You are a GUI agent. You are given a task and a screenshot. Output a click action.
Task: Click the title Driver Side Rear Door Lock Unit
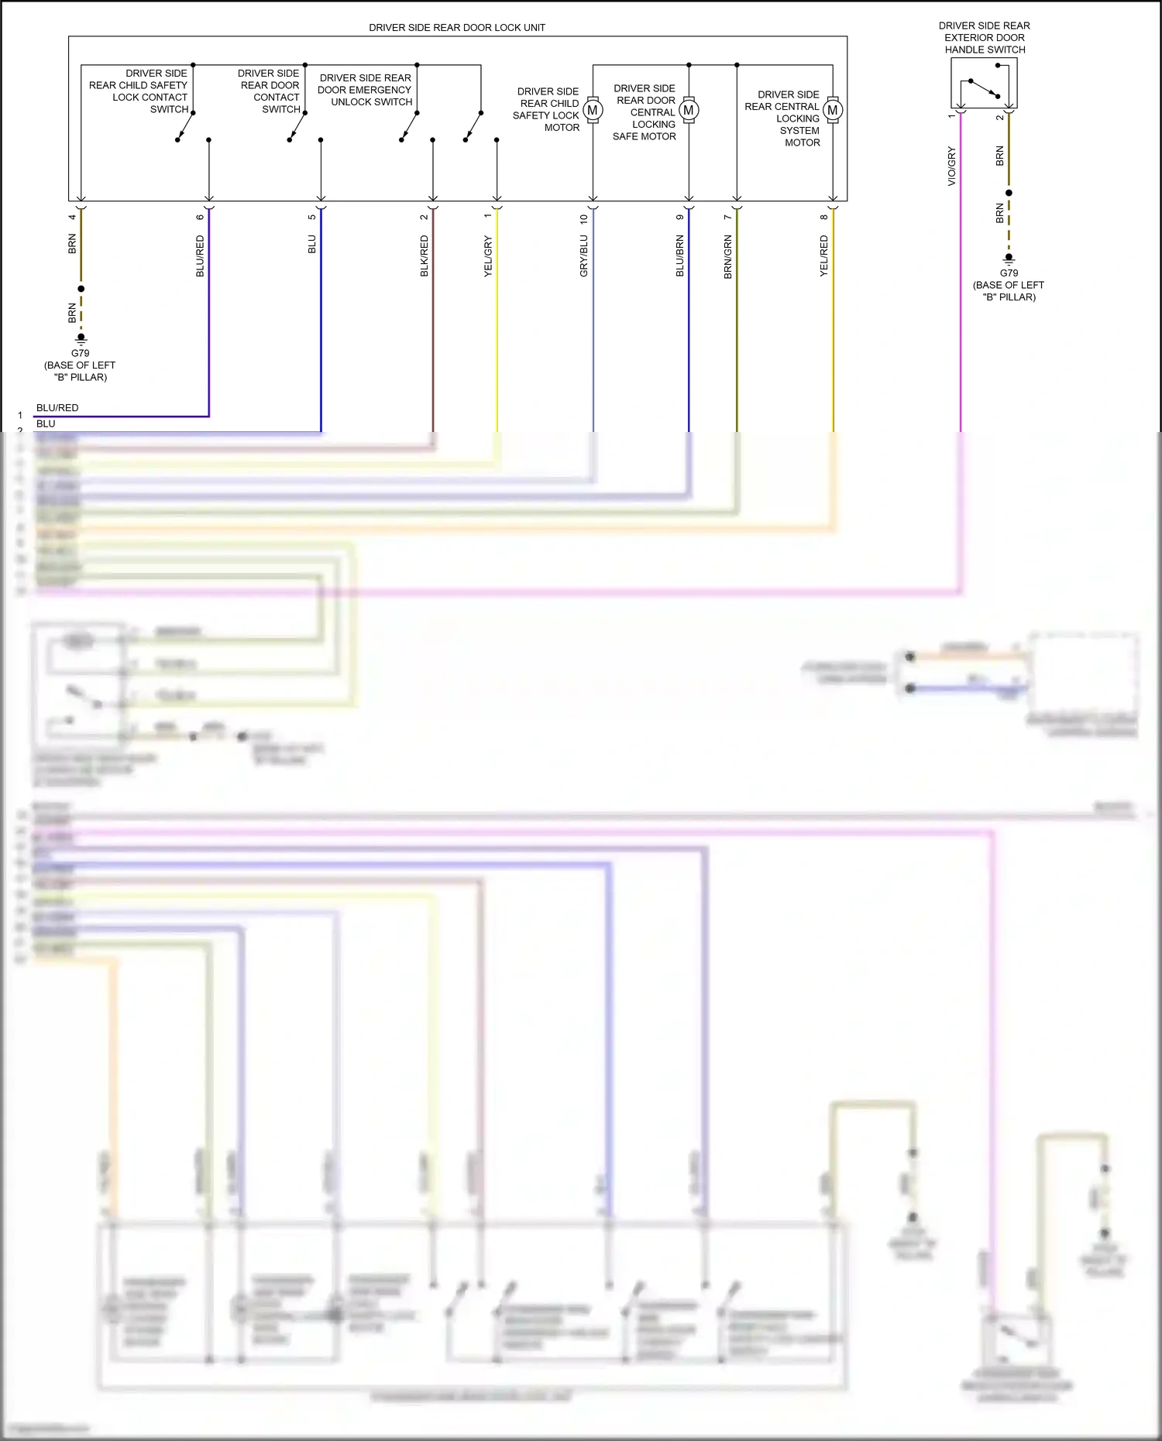(x=456, y=28)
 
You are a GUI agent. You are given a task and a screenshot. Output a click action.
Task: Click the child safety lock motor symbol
(x=593, y=110)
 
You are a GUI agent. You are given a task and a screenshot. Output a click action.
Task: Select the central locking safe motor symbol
(x=689, y=110)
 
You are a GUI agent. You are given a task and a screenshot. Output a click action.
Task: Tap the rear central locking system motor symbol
(x=833, y=110)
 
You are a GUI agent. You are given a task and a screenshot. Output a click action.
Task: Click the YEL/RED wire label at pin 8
(x=824, y=256)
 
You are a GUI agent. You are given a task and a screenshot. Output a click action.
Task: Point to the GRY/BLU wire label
(x=584, y=256)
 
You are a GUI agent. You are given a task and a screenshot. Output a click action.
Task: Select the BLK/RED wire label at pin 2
(x=425, y=256)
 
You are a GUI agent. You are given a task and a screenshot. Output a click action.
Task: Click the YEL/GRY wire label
(x=488, y=256)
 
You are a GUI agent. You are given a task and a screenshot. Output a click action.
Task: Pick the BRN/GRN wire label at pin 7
(x=728, y=256)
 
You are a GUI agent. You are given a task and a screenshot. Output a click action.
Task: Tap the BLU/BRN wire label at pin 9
(x=680, y=256)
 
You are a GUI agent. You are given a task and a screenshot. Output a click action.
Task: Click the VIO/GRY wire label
(x=952, y=166)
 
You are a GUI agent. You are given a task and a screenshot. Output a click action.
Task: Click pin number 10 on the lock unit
(x=584, y=219)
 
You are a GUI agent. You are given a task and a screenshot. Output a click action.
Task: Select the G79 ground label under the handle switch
(x=1009, y=273)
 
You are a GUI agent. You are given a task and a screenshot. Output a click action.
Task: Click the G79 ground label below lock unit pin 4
(x=80, y=353)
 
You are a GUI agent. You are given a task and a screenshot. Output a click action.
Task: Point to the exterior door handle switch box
(x=984, y=84)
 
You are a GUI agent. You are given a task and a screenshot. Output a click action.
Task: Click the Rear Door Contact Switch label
(x=270, y=91)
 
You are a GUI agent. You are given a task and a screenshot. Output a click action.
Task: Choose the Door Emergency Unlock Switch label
(x=365, y=90)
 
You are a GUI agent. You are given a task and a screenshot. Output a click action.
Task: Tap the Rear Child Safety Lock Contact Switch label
(x=139, y=91)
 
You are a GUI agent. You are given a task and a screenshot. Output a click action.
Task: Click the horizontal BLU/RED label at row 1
(x=57, y=408)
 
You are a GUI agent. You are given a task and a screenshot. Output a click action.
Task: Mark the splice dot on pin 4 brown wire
(x=81, y=289)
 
